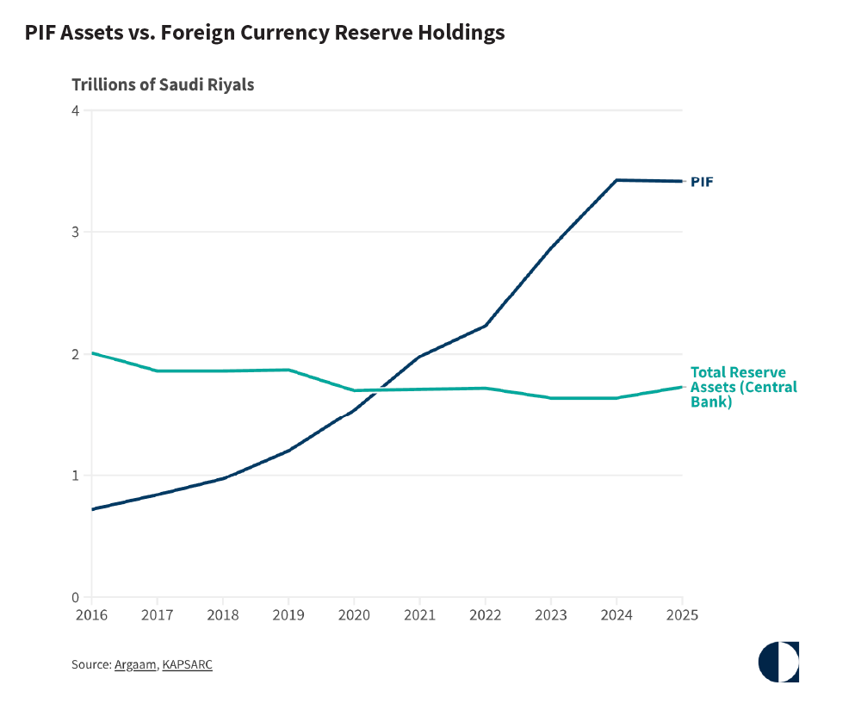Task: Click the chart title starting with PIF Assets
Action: coord(264,33)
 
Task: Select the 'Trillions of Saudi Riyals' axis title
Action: coord(163,85)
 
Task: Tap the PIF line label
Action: coord(702,182)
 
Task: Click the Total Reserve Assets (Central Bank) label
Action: coord(744,387)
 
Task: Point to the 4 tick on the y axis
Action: coord(76,111)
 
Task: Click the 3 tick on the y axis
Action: coord(76,233)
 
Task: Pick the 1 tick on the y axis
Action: coord(76,476)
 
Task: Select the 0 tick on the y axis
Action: coord(76,598)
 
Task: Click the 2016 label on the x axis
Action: coord(92,615)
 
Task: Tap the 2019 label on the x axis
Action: coord(288,615)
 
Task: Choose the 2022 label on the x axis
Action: coord(486,615)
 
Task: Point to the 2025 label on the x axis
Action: coord(683,615)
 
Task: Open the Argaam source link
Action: coord(135,665)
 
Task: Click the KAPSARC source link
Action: coord(187,665)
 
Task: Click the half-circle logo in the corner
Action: coord(778,662)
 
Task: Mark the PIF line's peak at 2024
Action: coord(616,180)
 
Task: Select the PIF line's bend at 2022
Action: coord(486,326)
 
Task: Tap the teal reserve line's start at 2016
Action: coord(92,352)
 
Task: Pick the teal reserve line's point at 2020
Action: coord(354,390)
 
